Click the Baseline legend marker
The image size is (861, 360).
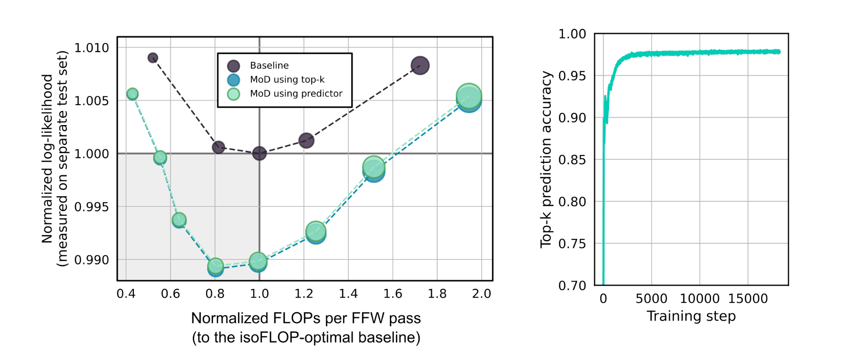coord(233,66)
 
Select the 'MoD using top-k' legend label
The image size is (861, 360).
coord(287,80)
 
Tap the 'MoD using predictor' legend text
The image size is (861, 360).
coord(296,94)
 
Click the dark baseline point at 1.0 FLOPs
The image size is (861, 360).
coord(259,153)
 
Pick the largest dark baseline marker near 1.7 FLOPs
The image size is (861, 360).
coord(420,66)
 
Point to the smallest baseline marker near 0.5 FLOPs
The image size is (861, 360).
coord(153,58)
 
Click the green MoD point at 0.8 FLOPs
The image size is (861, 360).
coord(215,266)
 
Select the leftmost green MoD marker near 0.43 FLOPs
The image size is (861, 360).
coord(132,94)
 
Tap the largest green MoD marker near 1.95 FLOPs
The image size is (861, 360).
coord(469,96)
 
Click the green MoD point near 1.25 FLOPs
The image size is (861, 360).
coord(316,231)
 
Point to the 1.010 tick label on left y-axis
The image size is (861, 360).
coord(91,48)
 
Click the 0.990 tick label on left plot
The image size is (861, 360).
coord(91,260)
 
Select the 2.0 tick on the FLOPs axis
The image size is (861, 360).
coord(481,294)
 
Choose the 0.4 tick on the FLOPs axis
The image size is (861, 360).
coord(126,294)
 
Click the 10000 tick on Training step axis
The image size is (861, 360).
coord(700,299)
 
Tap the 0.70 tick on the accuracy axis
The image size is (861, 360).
coord(572,286)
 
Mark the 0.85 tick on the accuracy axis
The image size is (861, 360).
coord(572,160)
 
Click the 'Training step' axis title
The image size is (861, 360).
coord(691,316)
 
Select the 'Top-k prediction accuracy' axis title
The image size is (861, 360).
coord(546,159)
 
